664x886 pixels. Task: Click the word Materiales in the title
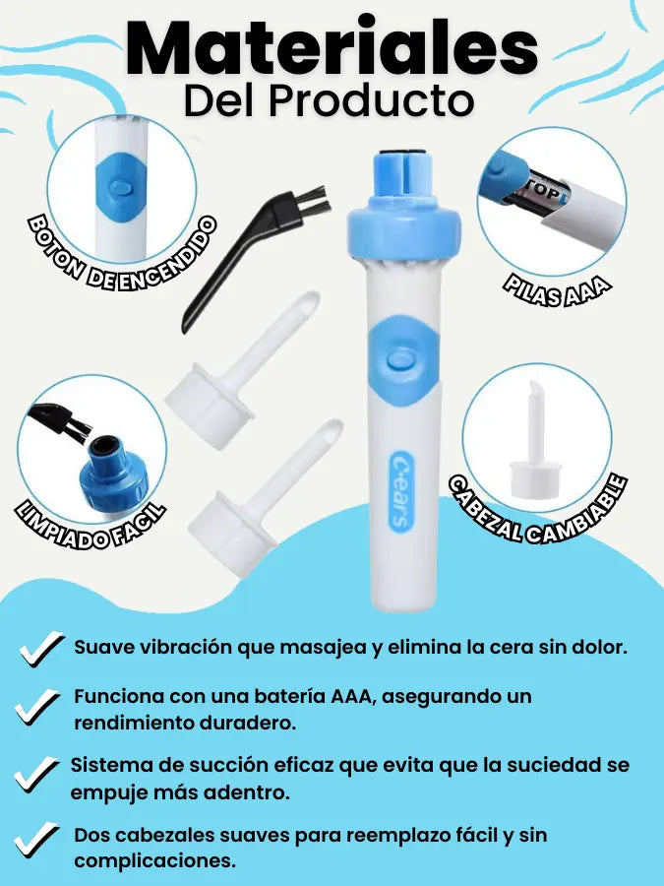click(x=332, y=48)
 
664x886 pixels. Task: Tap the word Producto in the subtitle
click(x=371, y=101)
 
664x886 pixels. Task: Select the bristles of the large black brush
click(x=312, y=200)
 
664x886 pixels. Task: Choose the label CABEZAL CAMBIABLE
click(x=539, y=510)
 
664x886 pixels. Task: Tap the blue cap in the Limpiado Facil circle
click(x=112, y=472)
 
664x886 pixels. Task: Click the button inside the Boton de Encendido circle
click(x=120, y=187)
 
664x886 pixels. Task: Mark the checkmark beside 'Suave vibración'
click(x=41, y=649)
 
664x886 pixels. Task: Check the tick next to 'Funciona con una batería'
click(x=37, y=707)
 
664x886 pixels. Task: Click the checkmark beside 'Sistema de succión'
click(x=36, y=774)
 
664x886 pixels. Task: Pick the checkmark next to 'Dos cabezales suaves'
click(x=36, y=840)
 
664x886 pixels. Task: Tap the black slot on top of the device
click(x=402, y=154)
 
